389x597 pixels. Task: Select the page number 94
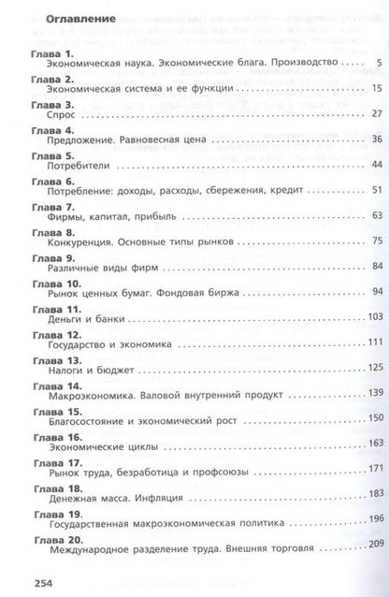pos(377,291)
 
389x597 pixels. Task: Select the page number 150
pos(375,417)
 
